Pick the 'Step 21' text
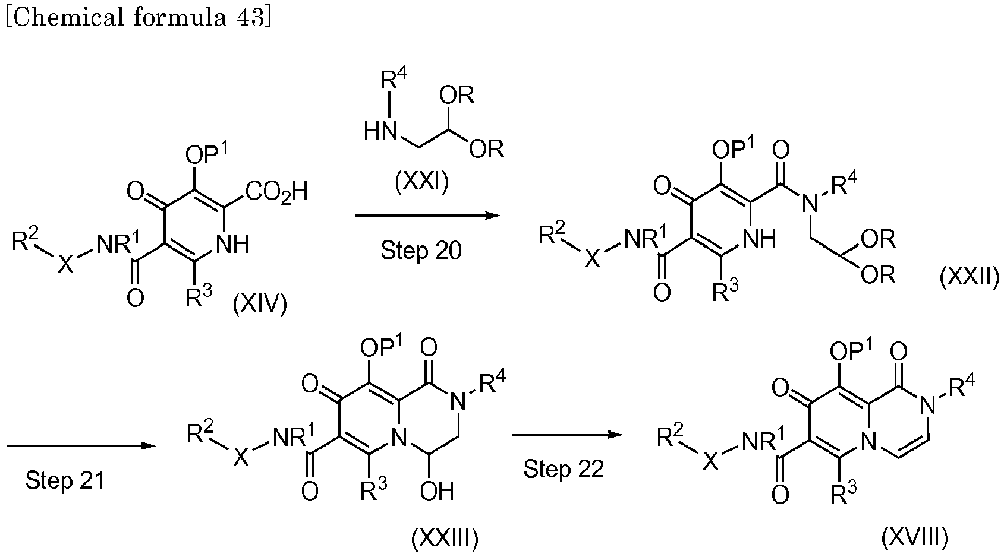65,480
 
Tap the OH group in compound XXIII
437,491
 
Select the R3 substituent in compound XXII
725,291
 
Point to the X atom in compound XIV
65,263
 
